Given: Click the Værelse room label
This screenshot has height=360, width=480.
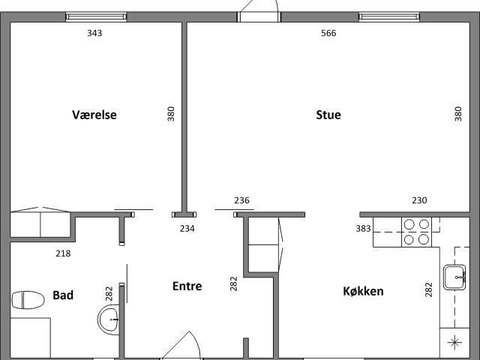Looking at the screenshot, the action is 94,115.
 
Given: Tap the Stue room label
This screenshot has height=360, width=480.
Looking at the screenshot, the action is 328,115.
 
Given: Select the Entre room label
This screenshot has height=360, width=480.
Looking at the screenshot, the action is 187,286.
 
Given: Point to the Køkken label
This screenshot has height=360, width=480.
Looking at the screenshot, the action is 363,291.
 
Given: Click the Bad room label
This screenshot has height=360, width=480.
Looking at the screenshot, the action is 63,295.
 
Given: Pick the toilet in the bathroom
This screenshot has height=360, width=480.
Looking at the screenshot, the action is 28,300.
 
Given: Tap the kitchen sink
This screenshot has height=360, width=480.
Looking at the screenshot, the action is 455,277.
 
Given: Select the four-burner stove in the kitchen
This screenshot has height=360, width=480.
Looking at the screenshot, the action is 416,232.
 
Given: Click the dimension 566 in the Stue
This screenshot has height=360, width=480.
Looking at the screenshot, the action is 328,33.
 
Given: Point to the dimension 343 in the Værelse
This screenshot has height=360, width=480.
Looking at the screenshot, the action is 94,33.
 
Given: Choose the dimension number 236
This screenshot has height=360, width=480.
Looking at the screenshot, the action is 241,200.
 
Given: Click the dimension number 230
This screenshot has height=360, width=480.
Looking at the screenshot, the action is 419,200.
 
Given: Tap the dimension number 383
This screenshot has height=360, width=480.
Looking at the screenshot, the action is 363,228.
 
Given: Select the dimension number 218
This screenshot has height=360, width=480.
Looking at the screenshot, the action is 63,253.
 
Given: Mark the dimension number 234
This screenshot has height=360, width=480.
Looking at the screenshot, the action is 187,228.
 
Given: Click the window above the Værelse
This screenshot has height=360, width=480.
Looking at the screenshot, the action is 96,16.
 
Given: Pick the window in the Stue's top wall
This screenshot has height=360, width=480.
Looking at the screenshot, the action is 389,16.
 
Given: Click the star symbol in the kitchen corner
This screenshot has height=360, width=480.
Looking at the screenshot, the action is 455,343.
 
